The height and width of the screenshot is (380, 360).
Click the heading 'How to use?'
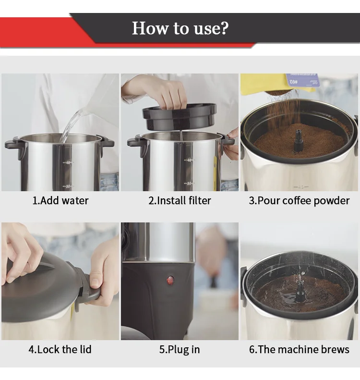[180, 28]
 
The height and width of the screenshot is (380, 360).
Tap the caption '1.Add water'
[60, 201]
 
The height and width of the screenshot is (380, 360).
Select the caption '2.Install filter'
[180, 201]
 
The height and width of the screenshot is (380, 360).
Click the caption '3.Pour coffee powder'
[299, 201]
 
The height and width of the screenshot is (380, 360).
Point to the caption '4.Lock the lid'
[60, 349]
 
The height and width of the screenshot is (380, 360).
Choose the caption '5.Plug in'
[180, 350]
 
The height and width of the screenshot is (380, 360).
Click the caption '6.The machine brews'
[299, 349]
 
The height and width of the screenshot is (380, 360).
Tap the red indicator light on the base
[170, 281]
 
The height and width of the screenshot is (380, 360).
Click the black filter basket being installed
[180, 117]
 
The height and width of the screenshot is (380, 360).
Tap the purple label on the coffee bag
[302, 80]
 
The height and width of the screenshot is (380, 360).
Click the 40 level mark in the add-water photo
[68, 162]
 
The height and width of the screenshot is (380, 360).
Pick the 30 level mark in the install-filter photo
[189, 184]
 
